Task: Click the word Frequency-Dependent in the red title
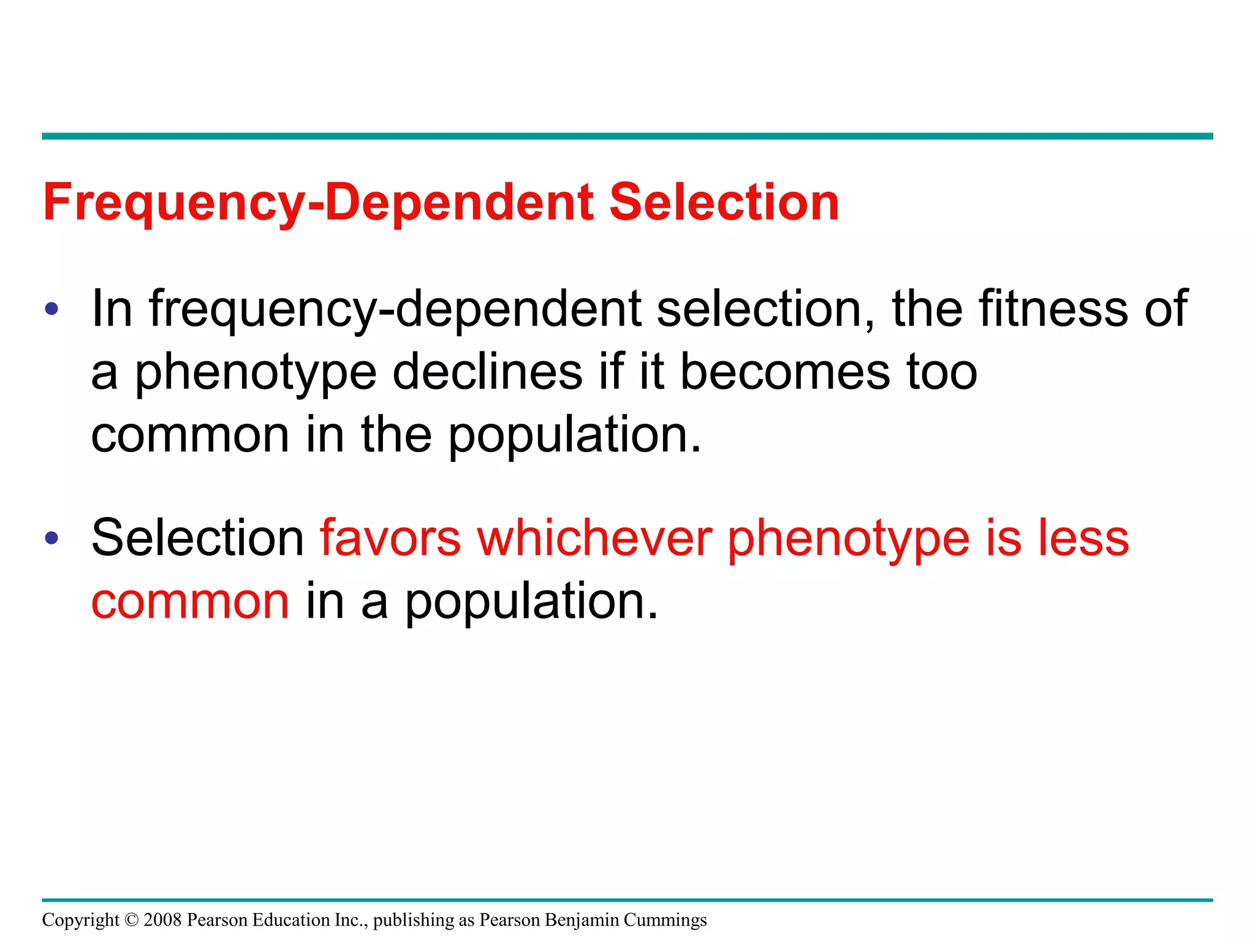coord(318,202)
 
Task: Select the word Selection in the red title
coord(724,202)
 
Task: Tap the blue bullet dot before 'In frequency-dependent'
coord(52,308)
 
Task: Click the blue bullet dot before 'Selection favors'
coord(52,538)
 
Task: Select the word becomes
coord(785,372)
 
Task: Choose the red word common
coord(190,602)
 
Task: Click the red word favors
coord(390,538)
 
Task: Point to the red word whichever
coord(594,538)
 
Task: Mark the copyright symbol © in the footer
coord(131,920)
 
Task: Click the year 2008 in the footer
coord(162,920)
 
